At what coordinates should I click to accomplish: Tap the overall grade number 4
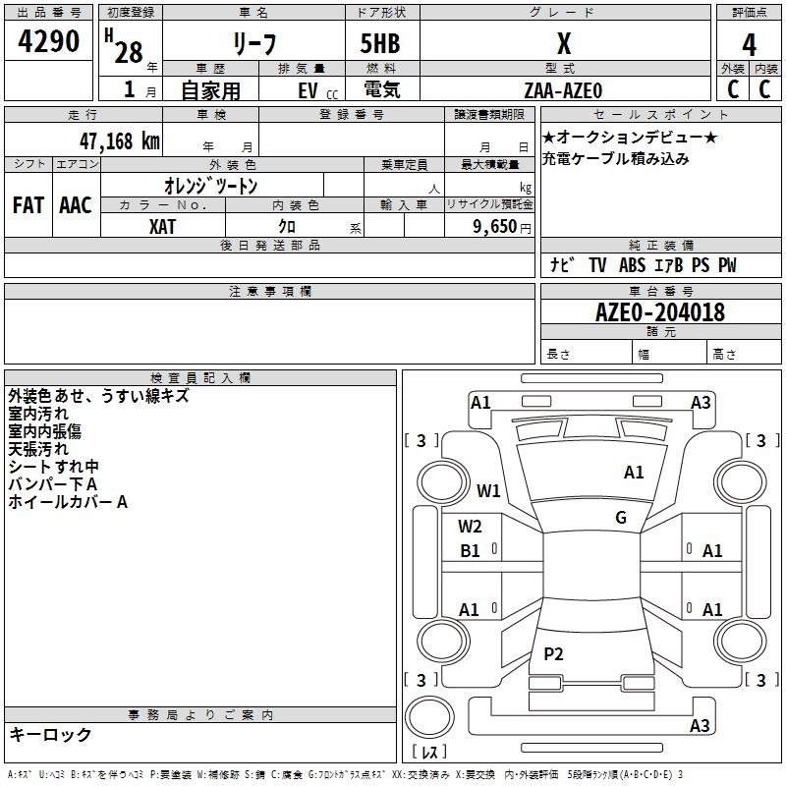749,45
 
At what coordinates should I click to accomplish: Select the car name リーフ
253,45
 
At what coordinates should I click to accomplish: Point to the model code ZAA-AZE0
563,89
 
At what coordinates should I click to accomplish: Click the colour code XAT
162,227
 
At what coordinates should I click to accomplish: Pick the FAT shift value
28,205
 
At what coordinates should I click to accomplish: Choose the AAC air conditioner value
76,205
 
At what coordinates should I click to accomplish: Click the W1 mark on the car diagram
488,490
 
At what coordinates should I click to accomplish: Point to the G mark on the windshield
621,518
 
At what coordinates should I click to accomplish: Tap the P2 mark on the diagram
553,653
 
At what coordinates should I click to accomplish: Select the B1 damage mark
471,551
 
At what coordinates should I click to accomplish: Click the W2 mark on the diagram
470,527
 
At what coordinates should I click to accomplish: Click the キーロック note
50,734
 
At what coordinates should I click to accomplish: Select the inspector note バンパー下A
52,484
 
